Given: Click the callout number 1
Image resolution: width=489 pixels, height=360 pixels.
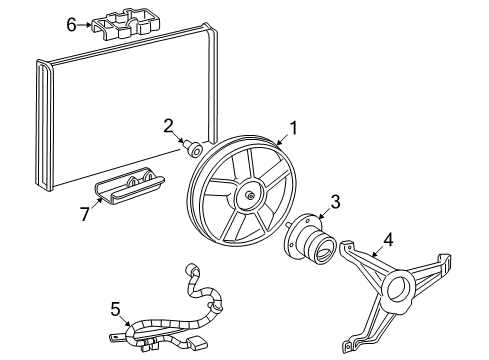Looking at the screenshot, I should (294, 128).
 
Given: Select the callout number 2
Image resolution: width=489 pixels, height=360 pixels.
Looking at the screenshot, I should (169, 125).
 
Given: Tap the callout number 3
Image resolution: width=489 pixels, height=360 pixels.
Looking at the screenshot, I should (336, 201).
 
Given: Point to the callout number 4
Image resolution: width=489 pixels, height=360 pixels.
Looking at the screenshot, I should (389, 240).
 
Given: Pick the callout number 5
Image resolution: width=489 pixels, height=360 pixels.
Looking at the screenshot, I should (115, 309).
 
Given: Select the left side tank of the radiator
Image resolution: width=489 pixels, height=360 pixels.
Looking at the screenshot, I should (43, 125).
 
